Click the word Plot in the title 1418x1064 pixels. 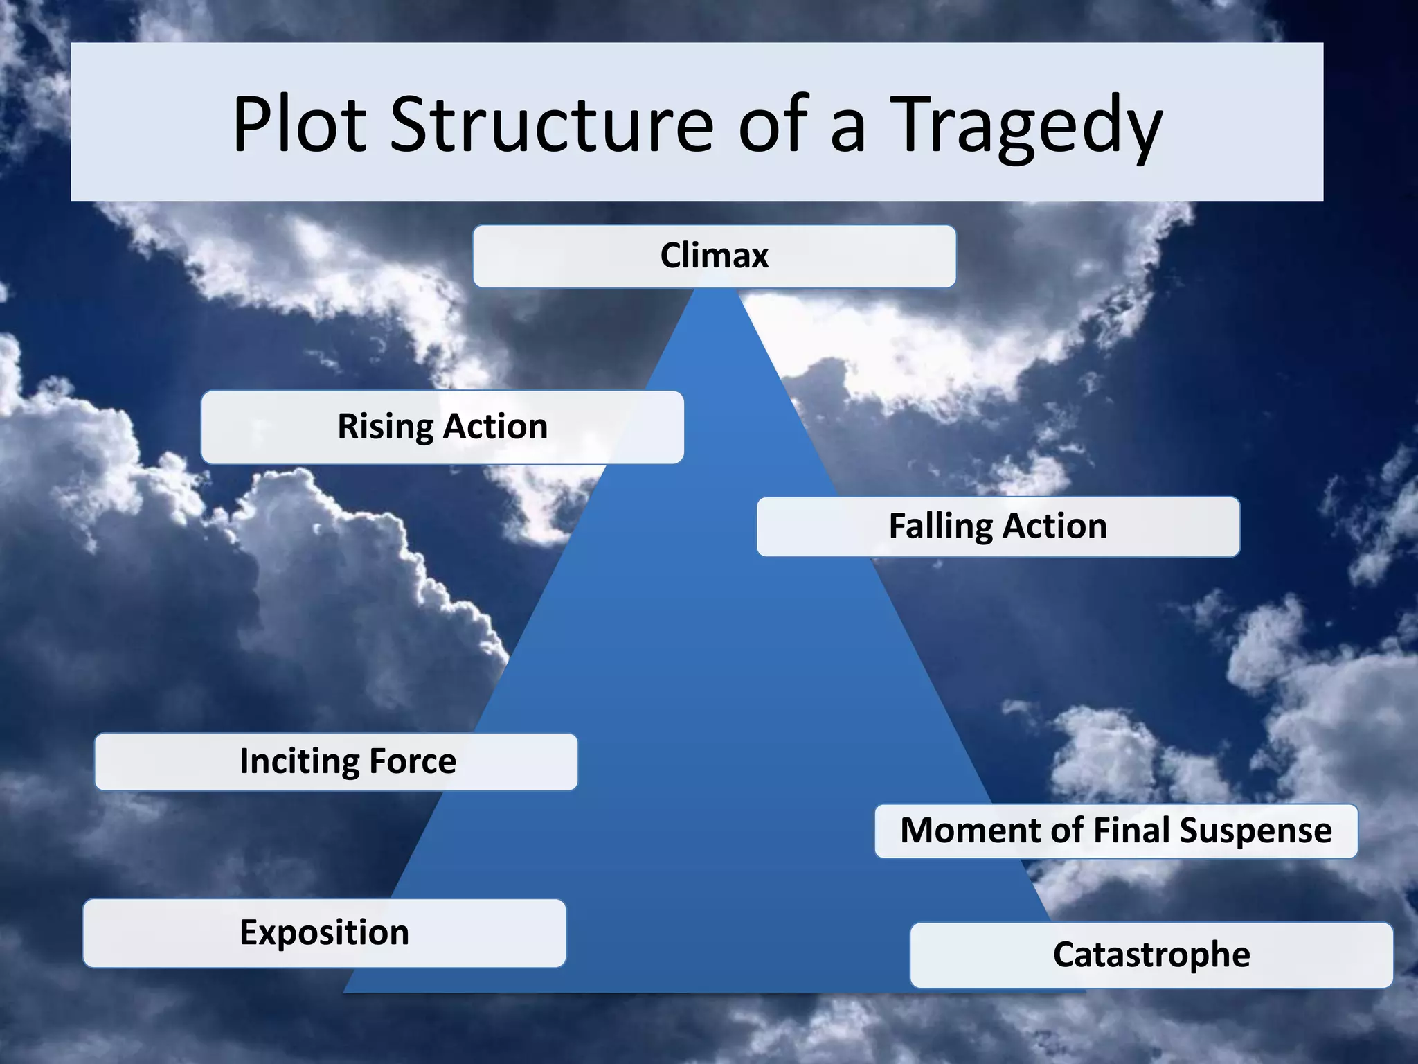(x=299, y=125)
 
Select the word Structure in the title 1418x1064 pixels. (x=551, y=125)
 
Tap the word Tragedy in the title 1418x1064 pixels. (x=1029, y=128)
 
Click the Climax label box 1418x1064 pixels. (x=714, y=256)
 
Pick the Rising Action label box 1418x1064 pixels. (x=442, y=427)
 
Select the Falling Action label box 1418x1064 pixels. (x=998, y=526)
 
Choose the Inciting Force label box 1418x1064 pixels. (x=336, y=761)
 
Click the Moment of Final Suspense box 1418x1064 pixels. (x=1115, y=831)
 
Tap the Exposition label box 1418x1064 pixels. (x=324, y=932)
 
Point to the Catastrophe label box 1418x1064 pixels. (x=1151, y=955)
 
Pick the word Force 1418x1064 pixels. (x=413, y=761)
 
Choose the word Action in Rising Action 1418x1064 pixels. (x=496, y=427)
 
